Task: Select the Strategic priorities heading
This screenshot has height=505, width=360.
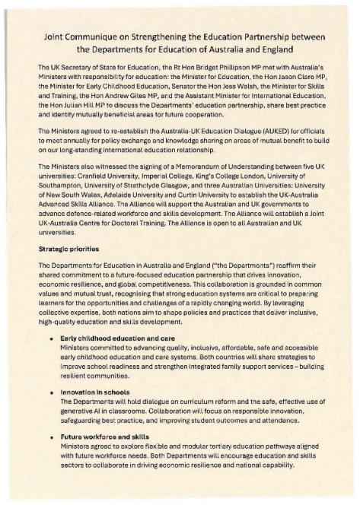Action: click(x=70, y=248)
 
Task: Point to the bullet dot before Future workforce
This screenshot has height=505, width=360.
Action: click(x=51, y=437)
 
